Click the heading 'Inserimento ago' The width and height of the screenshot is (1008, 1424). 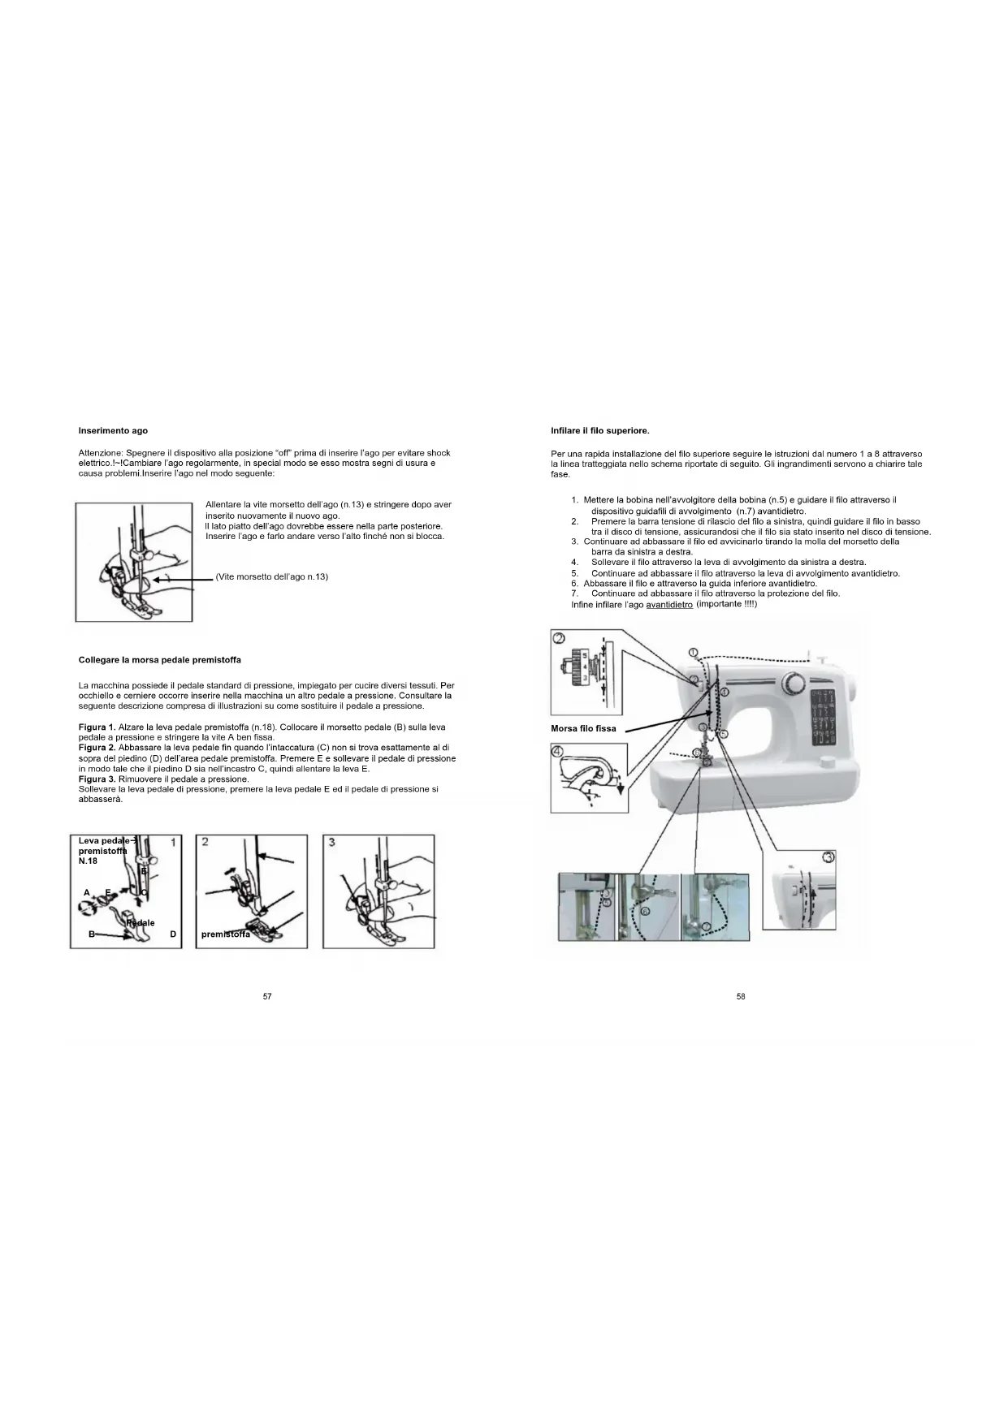coord(113,430)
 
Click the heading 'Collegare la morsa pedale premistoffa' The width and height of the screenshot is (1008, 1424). coord(159,660)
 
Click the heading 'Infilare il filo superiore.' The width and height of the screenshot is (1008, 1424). coord(599,430)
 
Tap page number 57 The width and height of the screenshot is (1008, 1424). coord(267,997)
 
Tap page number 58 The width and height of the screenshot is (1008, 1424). coord(741,997)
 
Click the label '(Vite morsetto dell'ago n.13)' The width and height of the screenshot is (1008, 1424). coord(272,576)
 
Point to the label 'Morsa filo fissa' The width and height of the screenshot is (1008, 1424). coord(583,728)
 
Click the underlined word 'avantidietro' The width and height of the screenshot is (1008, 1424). coord(669,605)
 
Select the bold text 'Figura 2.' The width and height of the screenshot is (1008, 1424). coord(97,747)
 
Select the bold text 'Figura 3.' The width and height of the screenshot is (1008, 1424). coord(97,779)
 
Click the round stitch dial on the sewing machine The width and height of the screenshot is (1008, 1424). coord(794,680)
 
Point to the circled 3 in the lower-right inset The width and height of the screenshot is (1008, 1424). coord(828,857)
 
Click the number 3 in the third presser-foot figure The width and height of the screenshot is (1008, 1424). coord(331,842)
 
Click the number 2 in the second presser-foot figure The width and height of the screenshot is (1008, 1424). coord(205,842)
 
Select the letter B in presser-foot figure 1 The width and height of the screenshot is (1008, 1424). coord(92,934)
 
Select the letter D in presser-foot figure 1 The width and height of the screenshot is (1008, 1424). coord(173,934)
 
